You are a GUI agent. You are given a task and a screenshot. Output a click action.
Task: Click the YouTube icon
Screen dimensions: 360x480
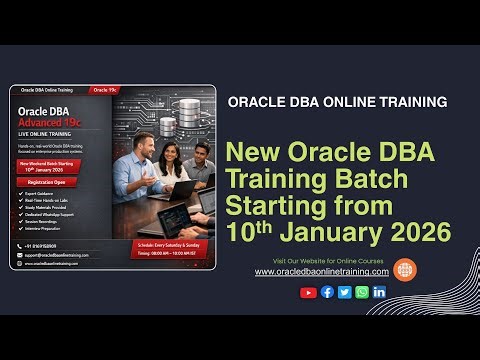[x=308, y=292]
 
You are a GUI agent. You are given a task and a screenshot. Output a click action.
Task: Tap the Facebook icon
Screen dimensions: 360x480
[x=327, y=292]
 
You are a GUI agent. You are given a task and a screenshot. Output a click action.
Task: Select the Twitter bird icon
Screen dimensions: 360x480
[x=344, y=292]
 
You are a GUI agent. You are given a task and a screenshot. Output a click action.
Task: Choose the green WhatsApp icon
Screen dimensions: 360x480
[x=361, y=292]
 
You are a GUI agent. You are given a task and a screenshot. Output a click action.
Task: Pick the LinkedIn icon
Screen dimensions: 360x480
[x=379, y=292]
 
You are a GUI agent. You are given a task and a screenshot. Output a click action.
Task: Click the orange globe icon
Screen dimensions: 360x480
[x=404, y=269]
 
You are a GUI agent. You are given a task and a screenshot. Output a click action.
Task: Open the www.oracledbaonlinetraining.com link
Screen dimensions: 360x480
[x=322, y=272]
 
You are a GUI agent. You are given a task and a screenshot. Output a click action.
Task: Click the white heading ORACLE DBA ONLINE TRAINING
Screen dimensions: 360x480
[x=337, y=102]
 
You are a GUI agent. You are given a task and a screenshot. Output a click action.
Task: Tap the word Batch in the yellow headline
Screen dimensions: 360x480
[x=373, y=181]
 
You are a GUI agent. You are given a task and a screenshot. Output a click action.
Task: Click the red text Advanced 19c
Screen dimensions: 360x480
[x=60, y=121]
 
